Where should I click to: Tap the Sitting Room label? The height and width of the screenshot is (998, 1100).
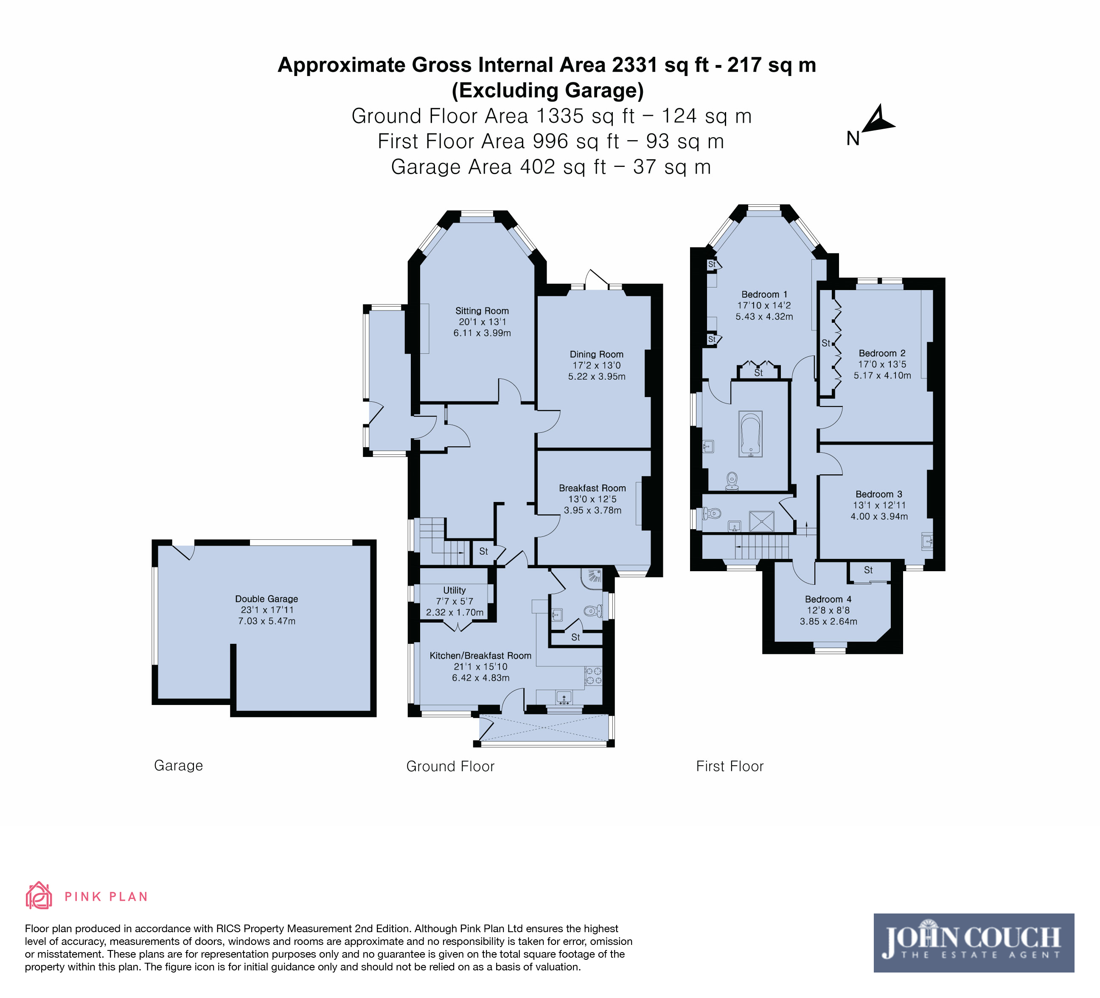pos(482,310)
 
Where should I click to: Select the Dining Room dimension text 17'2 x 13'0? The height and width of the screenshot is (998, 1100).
pos(596,365)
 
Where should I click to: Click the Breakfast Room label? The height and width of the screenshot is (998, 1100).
pos(592,488)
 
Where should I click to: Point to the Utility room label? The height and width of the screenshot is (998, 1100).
pos(455,590)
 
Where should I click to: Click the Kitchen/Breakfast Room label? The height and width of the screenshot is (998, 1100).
pos(480,656)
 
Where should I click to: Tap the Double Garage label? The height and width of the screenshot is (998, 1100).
pos(266,599)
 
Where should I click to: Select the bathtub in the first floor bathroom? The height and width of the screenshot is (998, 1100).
pos(750,434)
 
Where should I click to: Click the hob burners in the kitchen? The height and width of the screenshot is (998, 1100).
pos(594,676)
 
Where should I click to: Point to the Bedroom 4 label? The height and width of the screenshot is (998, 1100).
pos(828,600)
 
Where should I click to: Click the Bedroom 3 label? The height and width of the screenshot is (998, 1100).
pos(878,494)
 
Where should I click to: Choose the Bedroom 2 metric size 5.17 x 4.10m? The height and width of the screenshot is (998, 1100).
pos(882,375)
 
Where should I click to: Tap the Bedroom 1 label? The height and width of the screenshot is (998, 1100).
pos(764,294)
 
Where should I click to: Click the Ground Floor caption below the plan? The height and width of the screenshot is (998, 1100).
pos(450,767)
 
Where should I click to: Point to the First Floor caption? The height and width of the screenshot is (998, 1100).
pos(730,767)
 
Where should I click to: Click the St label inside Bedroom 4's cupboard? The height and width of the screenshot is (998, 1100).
pos(868,570)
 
